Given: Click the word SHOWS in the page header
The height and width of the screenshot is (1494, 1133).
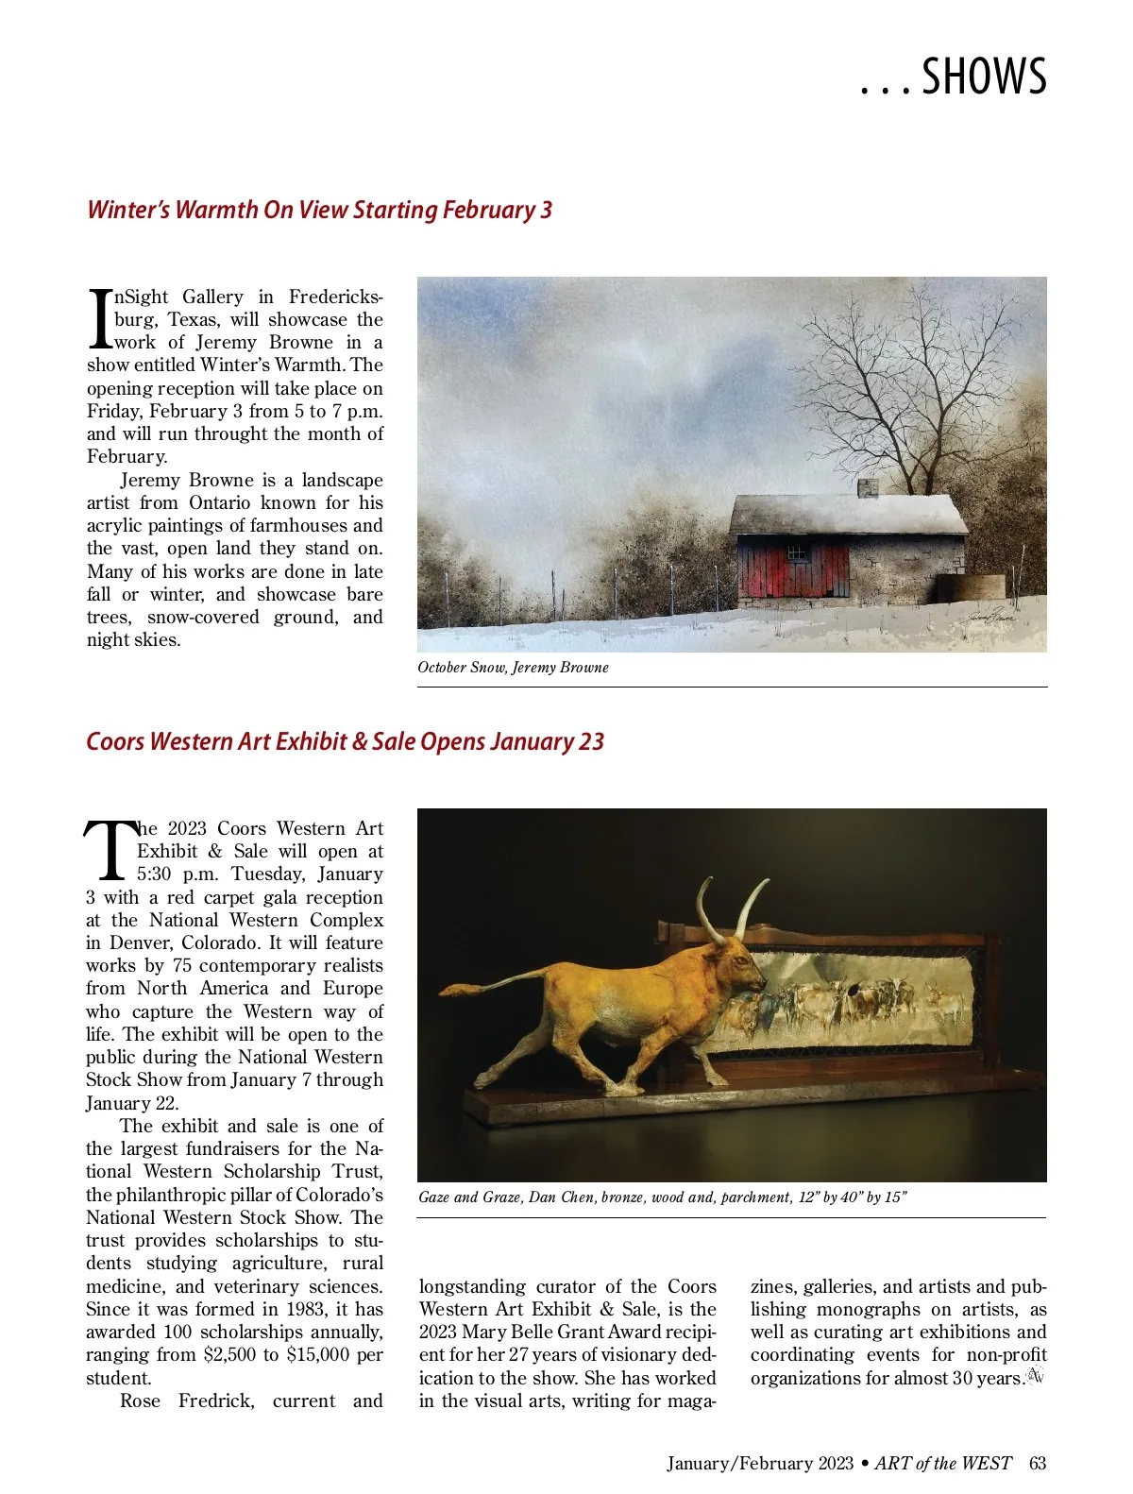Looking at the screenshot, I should [x=984, y=77].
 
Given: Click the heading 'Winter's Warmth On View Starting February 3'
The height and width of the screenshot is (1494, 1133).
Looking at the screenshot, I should [x=319, y=210].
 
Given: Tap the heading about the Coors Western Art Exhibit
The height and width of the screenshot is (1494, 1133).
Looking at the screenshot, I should [x=345, y=741].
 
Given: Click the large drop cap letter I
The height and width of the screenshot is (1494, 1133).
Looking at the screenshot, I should [x=100, y=319].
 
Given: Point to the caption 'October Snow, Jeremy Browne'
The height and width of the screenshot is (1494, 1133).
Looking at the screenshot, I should [x=513, y=668].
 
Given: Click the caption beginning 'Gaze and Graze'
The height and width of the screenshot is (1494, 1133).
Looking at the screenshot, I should [x=662, y=1197].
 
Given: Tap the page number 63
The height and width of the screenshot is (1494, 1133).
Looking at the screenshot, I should [x=1038, y=1464].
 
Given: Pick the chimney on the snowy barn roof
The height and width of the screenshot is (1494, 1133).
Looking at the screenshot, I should [x=868, y=487].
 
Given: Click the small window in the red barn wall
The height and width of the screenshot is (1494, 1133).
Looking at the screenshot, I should [x=798, y=552].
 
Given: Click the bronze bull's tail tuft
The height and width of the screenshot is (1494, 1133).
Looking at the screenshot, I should [x=453, y=991].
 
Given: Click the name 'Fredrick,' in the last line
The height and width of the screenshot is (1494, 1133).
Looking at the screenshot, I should [x=216, y=1401].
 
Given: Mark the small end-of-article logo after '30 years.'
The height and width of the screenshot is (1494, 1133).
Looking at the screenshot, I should [x=1036, y=1377].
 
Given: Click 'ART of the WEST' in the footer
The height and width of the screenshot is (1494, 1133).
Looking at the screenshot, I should [x=942, y=1464].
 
